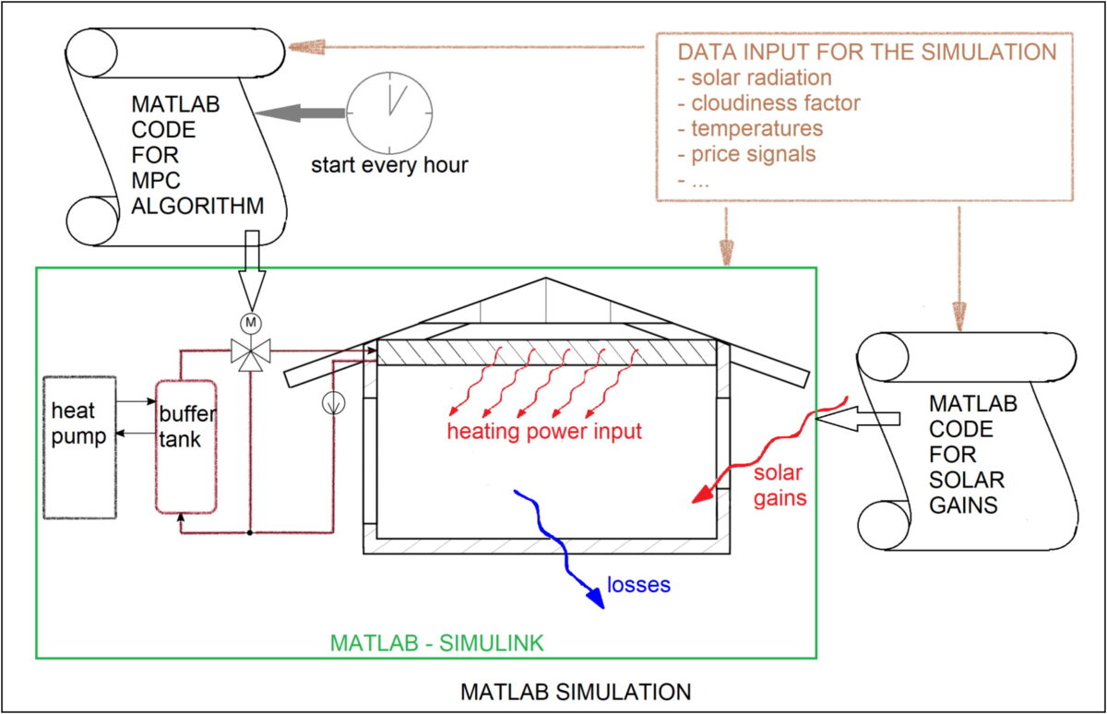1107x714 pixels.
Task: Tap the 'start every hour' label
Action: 389,166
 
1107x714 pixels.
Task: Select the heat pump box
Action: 79,447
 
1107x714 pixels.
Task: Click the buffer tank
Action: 186,446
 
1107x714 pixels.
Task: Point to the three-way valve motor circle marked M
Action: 251,323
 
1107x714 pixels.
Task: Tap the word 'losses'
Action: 638,585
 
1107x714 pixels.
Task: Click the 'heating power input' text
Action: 544,432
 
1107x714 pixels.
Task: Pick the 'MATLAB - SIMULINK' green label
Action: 436,642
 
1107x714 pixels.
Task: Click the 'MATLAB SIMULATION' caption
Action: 576,691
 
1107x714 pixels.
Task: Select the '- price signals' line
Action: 746,153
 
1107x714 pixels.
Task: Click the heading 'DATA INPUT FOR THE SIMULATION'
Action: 866,53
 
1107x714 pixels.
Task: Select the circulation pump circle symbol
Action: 331,403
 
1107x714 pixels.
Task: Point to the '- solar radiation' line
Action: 754,78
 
